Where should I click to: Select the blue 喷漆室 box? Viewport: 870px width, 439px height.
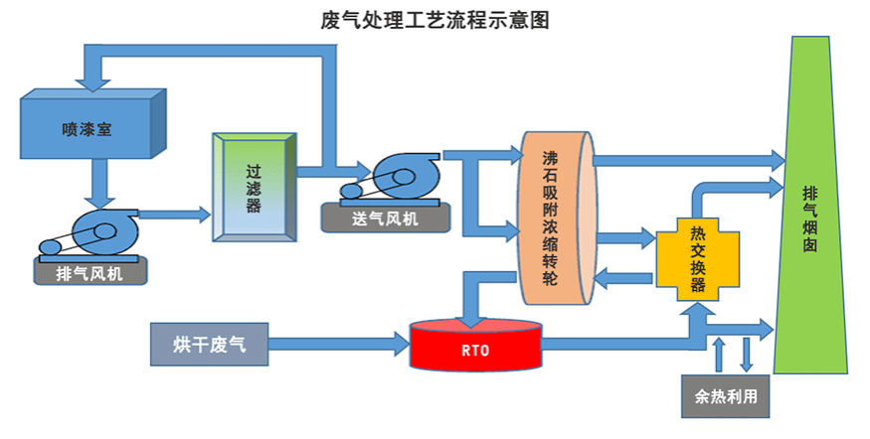[85, 128]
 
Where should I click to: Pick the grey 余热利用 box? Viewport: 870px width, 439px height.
[726, 395]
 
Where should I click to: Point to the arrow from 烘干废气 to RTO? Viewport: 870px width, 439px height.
[338, 345]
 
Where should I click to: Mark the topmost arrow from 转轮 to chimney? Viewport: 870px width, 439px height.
[686, 158]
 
